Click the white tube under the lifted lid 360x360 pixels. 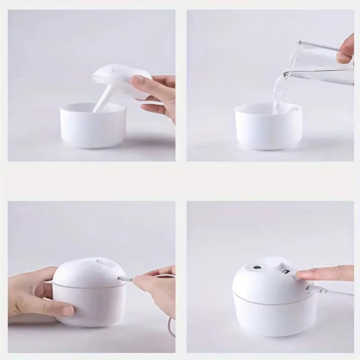(102, 101)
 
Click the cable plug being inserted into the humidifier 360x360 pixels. (126, 279)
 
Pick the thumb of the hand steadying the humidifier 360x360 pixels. (58, 309)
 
